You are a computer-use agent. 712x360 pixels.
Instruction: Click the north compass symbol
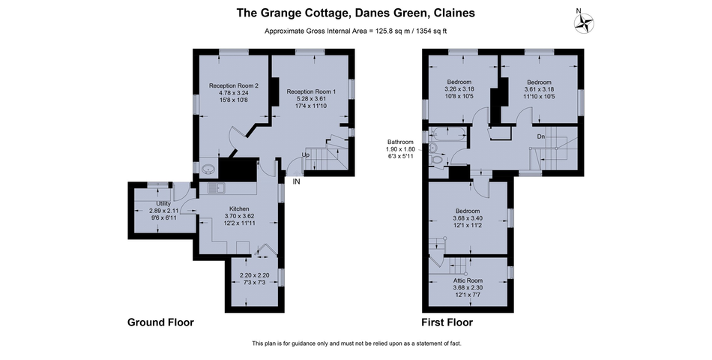(x=583, y=23)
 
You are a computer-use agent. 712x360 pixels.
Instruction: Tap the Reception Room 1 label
(x=311, y=91)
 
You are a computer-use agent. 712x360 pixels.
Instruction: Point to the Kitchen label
(x=239, y=208)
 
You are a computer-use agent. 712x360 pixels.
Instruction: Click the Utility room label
(x=163, y=203)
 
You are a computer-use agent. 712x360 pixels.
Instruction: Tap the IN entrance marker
(x=297, y=181)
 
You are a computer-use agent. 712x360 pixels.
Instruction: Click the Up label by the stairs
(x=305, y=155)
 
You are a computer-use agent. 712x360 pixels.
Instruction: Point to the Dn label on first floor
(x=540, y=136)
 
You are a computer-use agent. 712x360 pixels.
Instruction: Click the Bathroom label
(x=400, y=142)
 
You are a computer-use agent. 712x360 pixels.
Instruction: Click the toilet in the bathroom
(x=435, y=158)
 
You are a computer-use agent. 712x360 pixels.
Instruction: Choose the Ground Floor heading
(x=160, y=322)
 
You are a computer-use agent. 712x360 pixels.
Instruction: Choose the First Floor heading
(x=447, y=322)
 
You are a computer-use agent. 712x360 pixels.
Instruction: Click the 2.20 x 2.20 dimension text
(x=254, y=275)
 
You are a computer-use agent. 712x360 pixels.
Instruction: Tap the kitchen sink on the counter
(x=214, y=187)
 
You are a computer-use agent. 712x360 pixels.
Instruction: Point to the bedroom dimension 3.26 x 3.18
(x=459, y=89)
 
